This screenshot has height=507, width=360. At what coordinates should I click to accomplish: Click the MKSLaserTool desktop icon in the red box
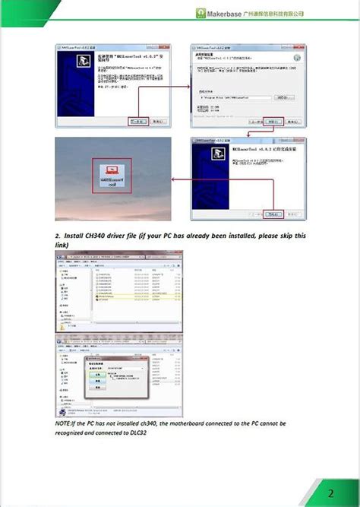(x=111, y=179)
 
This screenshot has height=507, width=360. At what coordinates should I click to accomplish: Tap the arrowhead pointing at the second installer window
(x=186, y=87)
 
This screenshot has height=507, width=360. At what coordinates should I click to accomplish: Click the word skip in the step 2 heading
(x=286, y=236)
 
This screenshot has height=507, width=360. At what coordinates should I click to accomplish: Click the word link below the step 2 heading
(x=62, y=245)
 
